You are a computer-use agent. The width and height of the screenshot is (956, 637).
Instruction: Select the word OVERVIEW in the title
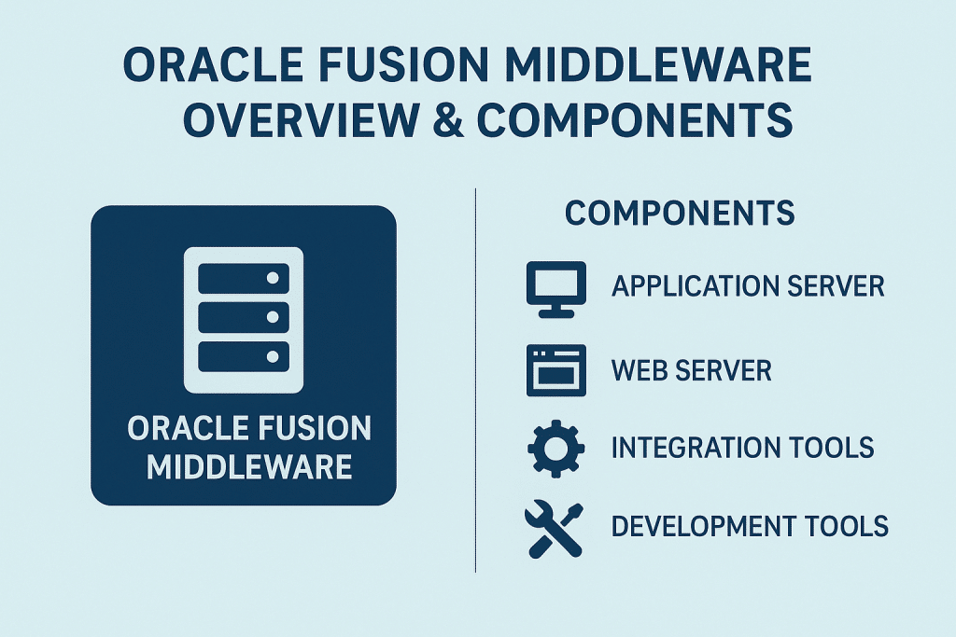coord(304,121)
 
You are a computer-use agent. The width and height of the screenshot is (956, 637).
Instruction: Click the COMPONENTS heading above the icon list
coord(680,214)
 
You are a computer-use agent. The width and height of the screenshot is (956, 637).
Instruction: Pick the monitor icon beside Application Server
coord(556,288)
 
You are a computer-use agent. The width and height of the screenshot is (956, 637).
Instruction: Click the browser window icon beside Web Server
coord(556,370)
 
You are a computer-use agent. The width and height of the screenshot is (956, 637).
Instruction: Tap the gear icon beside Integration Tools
coord(556,448)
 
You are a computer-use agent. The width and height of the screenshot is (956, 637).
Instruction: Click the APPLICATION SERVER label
coord(748,286)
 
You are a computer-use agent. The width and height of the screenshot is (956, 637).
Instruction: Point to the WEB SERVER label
coord(692,370)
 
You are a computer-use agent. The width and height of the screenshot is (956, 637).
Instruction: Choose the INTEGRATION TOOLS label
coord(742,448)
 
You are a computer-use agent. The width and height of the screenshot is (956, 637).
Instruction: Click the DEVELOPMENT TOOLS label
coord(750,526)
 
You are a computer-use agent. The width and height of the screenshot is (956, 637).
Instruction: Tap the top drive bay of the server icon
coord(243,278)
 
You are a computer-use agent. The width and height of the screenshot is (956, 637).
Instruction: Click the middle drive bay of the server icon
coord(243,317)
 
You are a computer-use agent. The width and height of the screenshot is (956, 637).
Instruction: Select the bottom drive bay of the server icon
coord(243,356)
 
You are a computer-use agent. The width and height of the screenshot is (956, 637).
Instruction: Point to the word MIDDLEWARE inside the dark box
coord(249,466)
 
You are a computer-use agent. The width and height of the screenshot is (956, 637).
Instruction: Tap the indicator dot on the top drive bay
coord(273,278)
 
